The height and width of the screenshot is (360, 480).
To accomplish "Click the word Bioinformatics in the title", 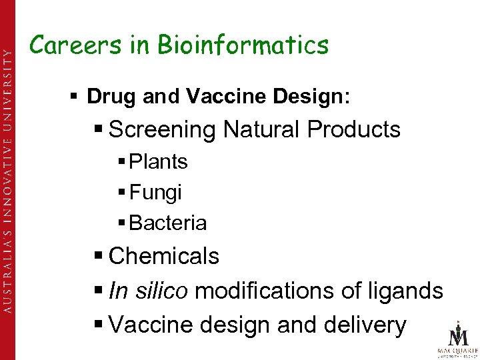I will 243,45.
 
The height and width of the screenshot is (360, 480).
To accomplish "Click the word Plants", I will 158,162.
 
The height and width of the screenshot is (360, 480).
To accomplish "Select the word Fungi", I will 155,193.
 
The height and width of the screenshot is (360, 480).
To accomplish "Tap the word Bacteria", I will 168,223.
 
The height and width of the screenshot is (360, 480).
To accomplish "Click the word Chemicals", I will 163,256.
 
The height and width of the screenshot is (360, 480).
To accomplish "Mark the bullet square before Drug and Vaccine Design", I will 77,97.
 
